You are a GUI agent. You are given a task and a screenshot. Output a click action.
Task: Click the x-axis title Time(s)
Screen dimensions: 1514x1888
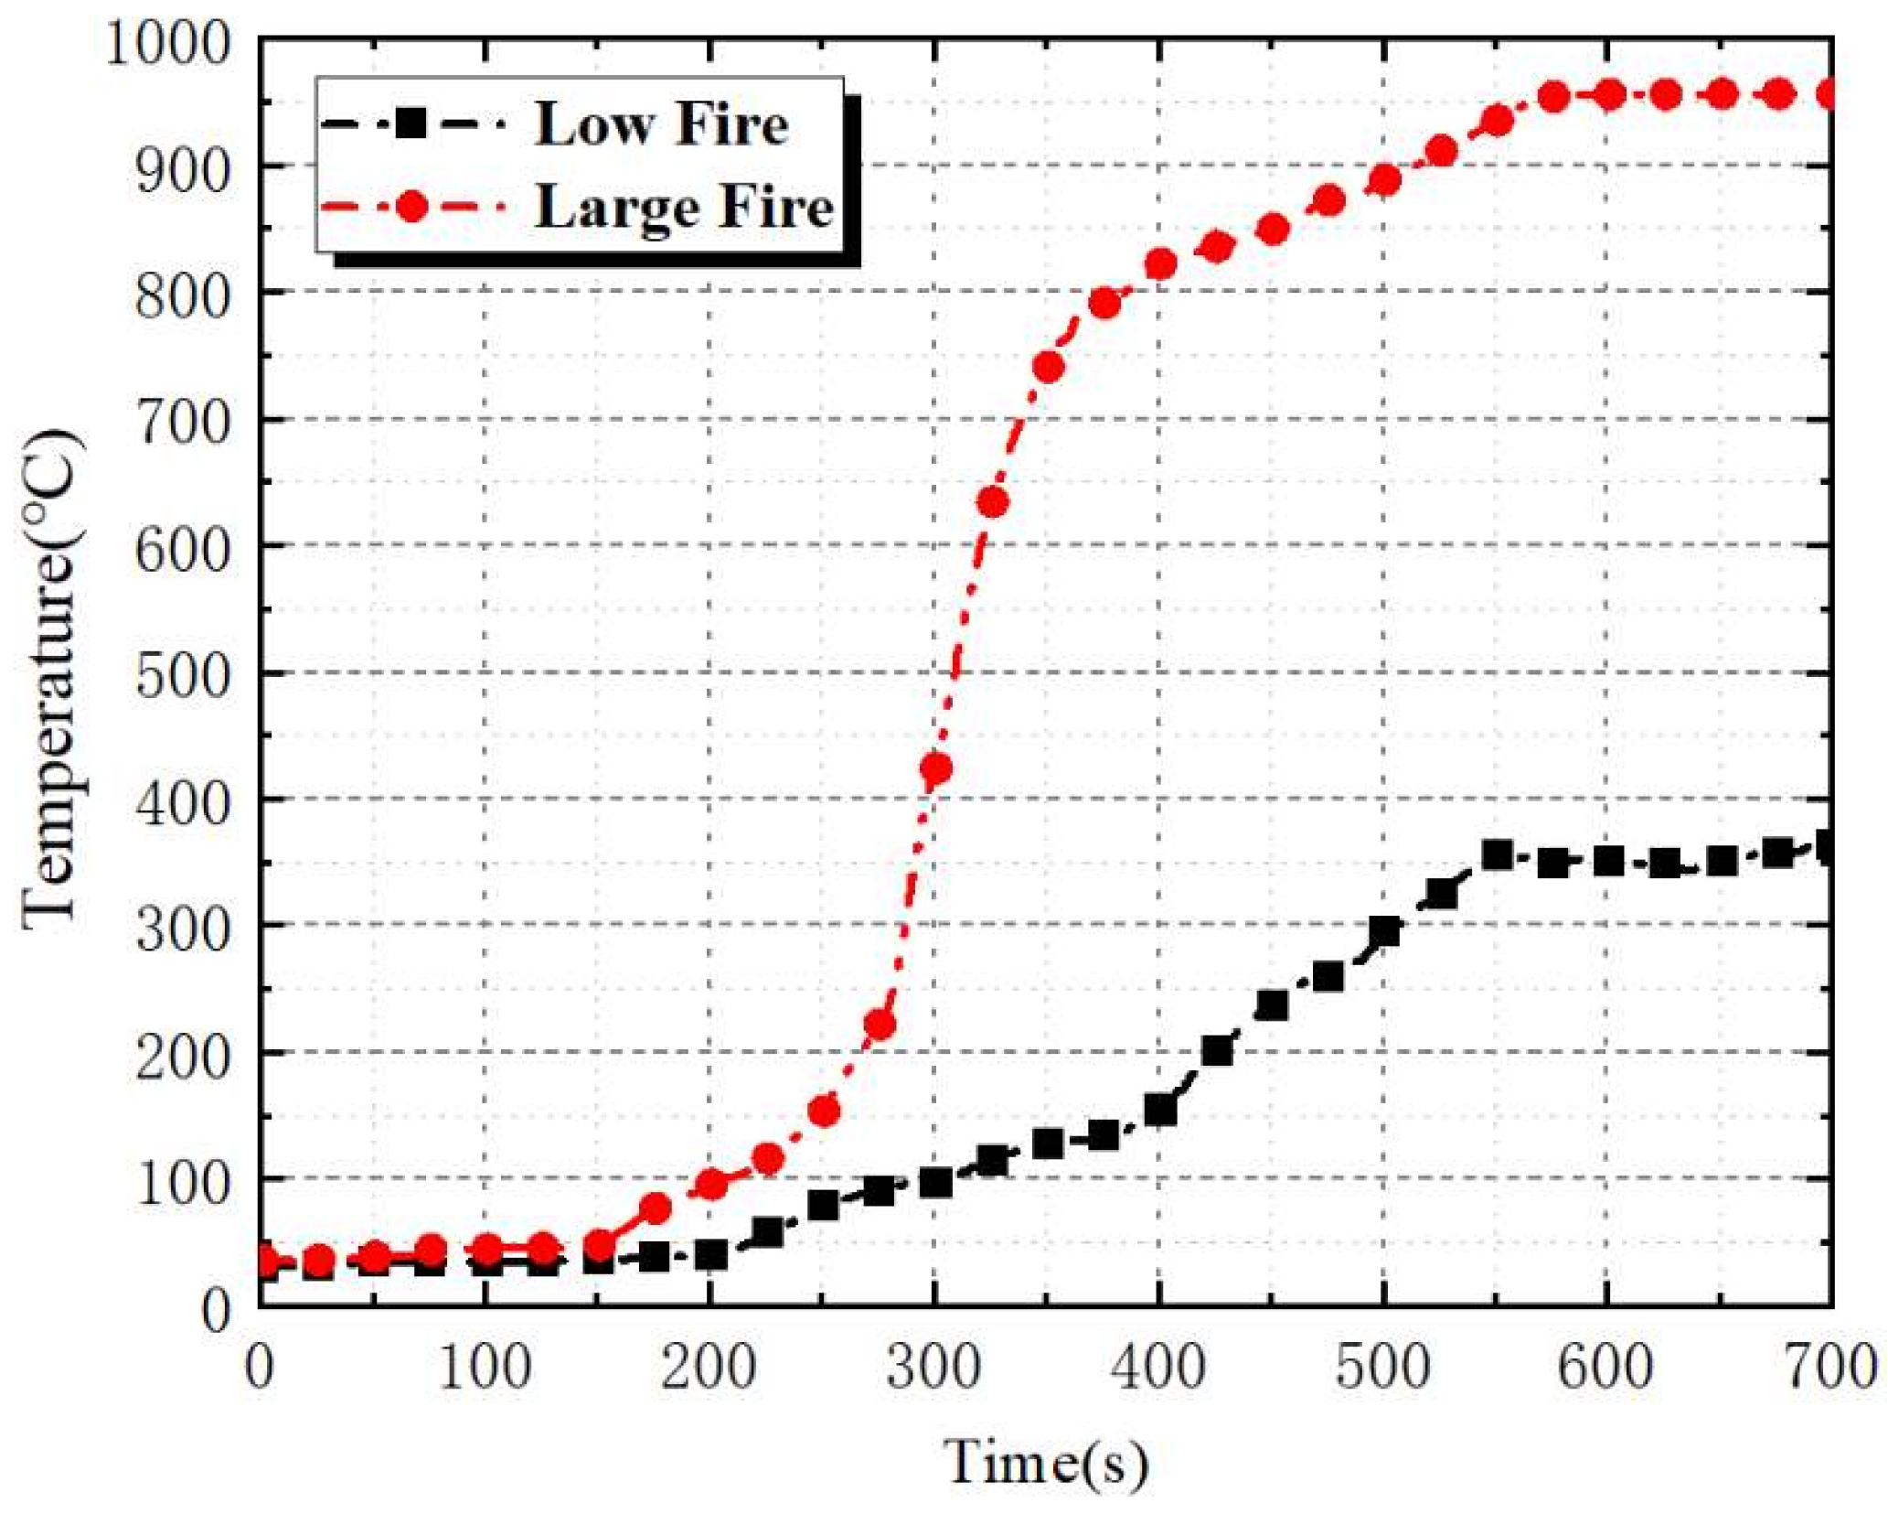tap(1045, 1461)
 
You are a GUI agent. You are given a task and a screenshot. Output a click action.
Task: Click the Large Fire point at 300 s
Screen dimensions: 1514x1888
tap(935, 768)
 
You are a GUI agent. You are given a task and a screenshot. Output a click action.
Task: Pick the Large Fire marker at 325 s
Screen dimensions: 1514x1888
tap(992, 502)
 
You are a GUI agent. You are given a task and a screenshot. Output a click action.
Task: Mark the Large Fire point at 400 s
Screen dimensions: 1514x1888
tap(1159, 264)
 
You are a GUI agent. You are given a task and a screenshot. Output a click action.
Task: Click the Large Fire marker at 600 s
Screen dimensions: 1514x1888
tap(1609, 95)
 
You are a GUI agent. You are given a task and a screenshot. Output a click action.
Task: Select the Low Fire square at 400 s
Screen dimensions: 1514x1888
tap(1159, 1110)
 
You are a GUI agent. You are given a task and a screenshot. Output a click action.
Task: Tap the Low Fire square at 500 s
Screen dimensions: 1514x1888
tap(1384, 931)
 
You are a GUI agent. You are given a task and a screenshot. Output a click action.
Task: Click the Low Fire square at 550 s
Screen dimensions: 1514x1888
tap(1497, 855)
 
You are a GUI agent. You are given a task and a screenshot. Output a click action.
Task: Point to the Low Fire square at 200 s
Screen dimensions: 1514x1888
tap(710, 1254)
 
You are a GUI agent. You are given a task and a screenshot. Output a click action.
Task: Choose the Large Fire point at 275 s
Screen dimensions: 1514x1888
tap(879, 1025)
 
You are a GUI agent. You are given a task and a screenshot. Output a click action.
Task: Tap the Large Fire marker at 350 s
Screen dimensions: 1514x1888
tap(1049, 367)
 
